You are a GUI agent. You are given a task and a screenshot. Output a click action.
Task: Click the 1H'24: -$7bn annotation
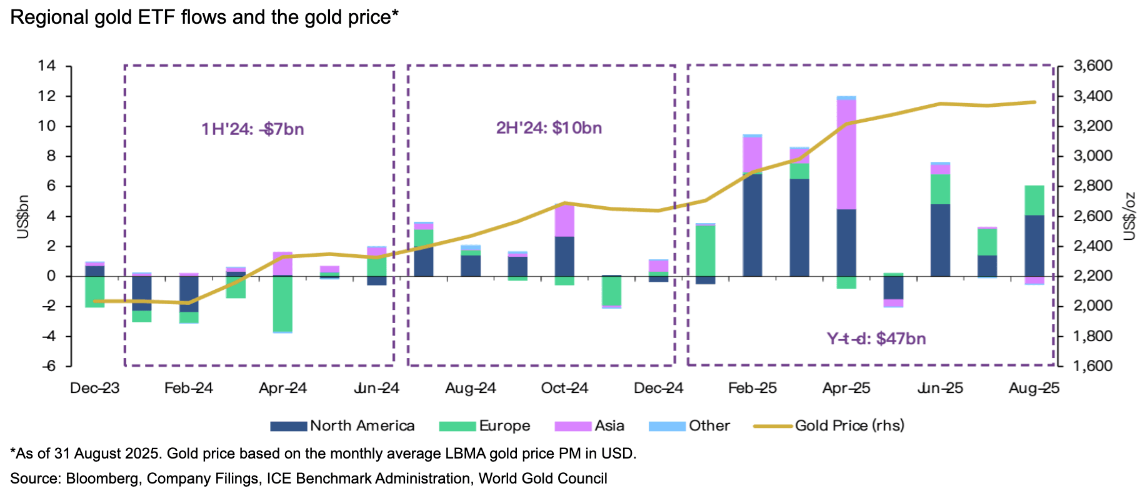pyautogui.click(x=252, y=129)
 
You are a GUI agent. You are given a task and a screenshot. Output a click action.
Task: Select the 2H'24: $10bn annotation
pyautogui.click(x=549, y=128)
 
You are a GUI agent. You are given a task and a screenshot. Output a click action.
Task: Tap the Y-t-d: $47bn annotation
pyautogui.click(x=876, y=339)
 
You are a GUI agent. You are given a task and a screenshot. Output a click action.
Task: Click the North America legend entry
pyautogui.click(x=342, y=426)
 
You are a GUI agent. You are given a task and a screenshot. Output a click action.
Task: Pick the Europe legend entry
pyautogui.click(x=484, y=426)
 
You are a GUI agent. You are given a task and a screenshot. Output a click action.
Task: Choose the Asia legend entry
pyautogui.click(x=589, y=426)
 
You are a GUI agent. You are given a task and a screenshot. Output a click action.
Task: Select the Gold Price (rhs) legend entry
pyautogui.click(x=829, y=426)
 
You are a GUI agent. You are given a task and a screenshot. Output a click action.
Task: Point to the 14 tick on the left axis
pyautogui.click(x=47, y=66)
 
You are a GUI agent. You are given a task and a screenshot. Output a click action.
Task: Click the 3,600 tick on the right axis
pyautogui.click(x=1092, y=66)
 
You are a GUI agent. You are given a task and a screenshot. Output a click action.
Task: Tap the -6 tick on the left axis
pyautogui.click(x=48, y=366)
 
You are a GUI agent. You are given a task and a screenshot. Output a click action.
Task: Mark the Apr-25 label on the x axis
pyautogui.click(x=846, y=388)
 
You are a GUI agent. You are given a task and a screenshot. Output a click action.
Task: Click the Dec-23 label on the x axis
pyautogui.click(x=94, y=388)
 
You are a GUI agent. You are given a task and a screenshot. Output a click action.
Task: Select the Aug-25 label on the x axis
pyautogui.click(x=1034, y=388)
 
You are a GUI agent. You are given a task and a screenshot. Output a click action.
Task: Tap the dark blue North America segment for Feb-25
pyautogui.click(x=752, y=225)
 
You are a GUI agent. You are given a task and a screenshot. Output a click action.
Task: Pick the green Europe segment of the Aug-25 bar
pyautogui.click(x=1034, y=200)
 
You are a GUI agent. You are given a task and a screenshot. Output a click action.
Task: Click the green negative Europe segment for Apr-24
pyautogui.click(x=282, y=304)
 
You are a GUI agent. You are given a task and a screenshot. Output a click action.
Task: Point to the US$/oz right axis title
pyautogui.click(x=1129, y=216)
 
